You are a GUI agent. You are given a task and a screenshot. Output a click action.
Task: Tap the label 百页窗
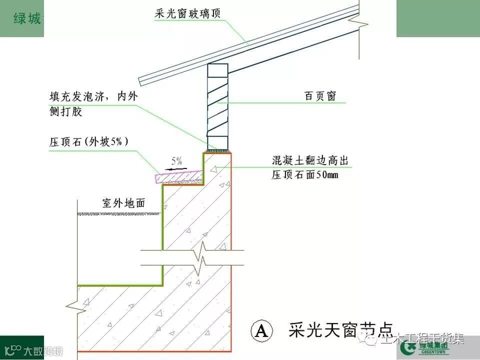pyautogui.click(x=320, y=96)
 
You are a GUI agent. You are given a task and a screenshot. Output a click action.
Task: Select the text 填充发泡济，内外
pyautogui.click(x=92, y=96)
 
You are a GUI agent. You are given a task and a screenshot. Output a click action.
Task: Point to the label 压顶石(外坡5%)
pyautogui.click(x=89, y=141)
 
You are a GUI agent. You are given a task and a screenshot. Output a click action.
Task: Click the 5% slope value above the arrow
pyautogui.click(x=177, y=161)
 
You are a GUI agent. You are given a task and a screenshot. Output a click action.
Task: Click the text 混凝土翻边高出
pyautogui.click(x=309, y=161)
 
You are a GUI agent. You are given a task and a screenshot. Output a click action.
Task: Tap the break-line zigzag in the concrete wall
pyautogui.click(x=201, y=258)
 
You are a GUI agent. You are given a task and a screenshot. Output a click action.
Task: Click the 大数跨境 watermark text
pyautogui.click(x=43, y=350)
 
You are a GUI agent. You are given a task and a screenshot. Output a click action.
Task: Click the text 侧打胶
pyautogui.click(x=65, y=112)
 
